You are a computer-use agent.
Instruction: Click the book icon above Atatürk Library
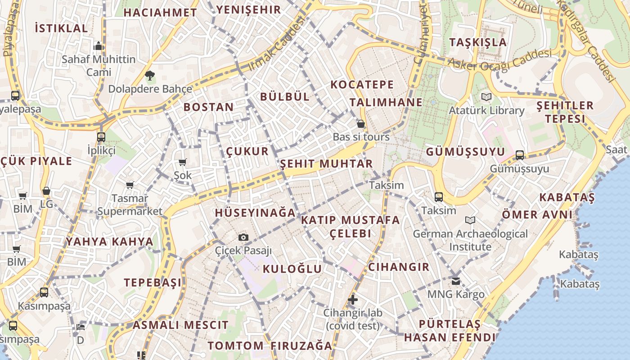click(486, 97)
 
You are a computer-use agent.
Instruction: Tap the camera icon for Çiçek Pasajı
click(243, 237)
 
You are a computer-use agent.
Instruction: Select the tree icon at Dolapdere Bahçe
click(149, 76)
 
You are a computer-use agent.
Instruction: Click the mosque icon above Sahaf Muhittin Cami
click(99, 46)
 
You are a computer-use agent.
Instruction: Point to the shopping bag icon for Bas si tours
click(360, 124)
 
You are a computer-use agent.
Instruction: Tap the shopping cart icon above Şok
click(182, 162)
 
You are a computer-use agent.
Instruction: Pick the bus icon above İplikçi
click(101, 137)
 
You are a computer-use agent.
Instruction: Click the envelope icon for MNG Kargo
click(456, 281)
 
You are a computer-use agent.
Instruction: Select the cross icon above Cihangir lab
click(353, 299)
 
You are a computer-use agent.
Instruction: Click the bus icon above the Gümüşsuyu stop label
click(520, 155)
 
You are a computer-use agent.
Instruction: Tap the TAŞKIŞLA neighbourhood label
click(478, 42)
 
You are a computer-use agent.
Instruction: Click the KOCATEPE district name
click(362, 85)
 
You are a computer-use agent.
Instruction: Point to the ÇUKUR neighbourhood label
click(247, 151)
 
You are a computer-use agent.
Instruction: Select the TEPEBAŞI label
click(153, 283)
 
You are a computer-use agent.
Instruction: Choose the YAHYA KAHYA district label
click(110, 242)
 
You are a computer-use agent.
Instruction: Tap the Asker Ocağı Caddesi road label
click(499, 60)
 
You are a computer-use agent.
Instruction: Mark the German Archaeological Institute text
click(470, 240)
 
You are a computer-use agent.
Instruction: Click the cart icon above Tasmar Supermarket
click(130, 185)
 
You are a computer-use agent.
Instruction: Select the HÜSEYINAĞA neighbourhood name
click(255, 213)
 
